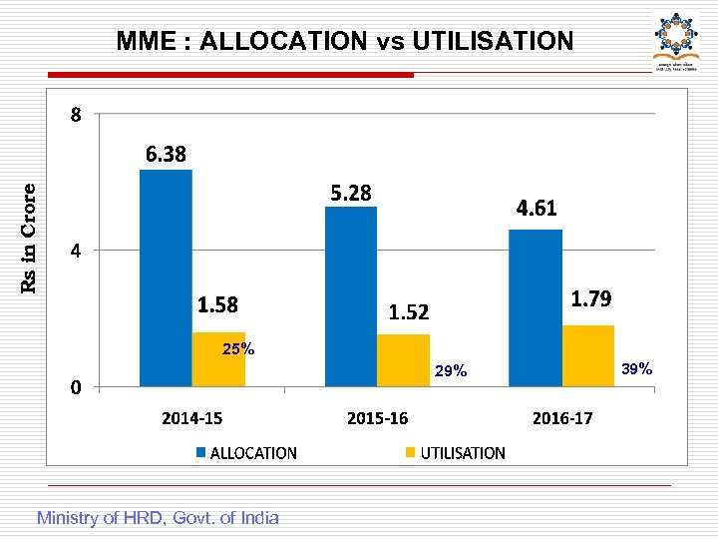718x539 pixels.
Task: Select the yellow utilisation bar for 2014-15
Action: pos(218,359)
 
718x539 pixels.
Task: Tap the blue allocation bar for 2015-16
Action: pos(351,296)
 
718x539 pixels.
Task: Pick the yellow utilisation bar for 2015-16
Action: pos(403,360)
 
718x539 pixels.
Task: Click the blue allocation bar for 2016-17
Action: pos(536,307)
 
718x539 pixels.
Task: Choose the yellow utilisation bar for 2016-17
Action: pos(588,355)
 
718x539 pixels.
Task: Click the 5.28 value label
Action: pos(351,193)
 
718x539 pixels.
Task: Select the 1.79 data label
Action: pos(591,298)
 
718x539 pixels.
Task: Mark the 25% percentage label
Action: pos(237,349)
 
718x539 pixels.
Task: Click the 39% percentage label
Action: pos(636,369)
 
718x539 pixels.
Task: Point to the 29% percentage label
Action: pos(451,371)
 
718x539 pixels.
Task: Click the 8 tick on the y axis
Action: pos(76,115)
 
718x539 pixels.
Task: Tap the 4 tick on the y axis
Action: pos(76,251)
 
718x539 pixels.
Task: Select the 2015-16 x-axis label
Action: pos(377,418)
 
